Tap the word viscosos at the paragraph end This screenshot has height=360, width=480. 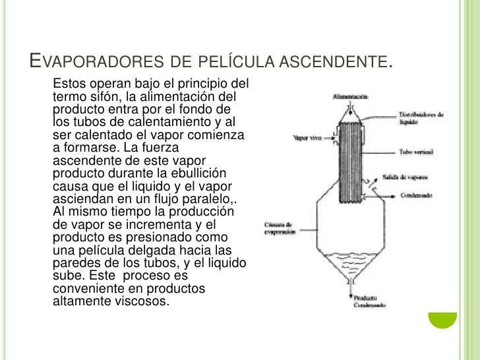[142, 302]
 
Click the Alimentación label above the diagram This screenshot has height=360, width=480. [350, 96]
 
